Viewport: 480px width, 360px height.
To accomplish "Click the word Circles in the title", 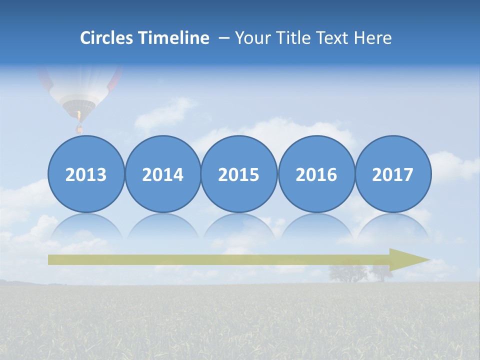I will tap(106, 38).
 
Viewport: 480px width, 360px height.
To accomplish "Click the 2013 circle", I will tap(86, 174).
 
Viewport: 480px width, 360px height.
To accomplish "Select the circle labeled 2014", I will tap(163, 174).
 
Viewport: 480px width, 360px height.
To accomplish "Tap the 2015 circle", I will tap(239, 174).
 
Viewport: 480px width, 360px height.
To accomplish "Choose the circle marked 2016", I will tap(316, 174).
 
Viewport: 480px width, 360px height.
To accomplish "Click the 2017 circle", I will tap(393, 174).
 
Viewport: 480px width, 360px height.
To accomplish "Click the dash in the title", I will tap(224, 38).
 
